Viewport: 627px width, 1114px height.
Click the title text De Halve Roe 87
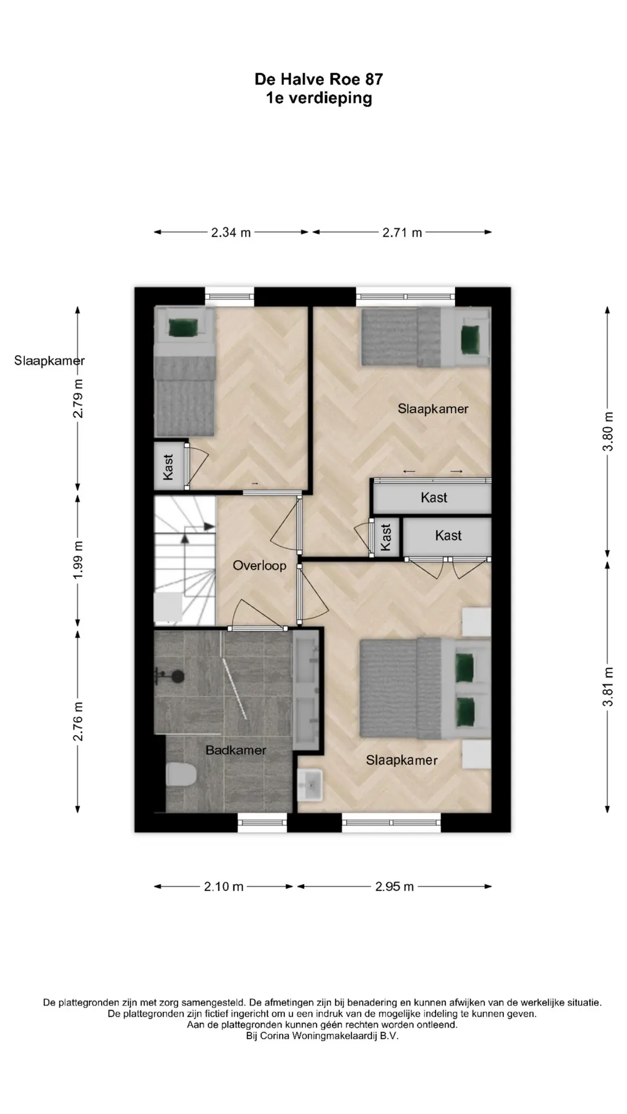pos(319,79)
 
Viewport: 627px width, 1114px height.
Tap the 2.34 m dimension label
pos(231,233)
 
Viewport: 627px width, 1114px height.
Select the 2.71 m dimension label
pos(402,233)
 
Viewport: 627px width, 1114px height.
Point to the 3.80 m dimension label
pos(608,431)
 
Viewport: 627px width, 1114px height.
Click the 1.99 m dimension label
pos(78,559)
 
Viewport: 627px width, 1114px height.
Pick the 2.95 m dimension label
pos(394,887)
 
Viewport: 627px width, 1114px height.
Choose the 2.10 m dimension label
pos(224,887)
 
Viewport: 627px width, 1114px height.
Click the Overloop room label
pos(260,566)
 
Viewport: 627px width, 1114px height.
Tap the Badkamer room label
pos(236,750)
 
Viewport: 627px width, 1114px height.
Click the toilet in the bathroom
pos(180,775)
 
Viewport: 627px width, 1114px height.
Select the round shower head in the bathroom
pos(177,676)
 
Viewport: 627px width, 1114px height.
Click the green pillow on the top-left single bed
pos(184,328)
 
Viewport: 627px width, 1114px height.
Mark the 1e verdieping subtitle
pos(319,98)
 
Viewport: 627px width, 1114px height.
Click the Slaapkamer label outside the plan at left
pos(49,361)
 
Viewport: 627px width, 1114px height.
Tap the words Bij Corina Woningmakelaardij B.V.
pos(322,1036)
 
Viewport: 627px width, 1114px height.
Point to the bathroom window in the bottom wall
pos(262,822)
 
